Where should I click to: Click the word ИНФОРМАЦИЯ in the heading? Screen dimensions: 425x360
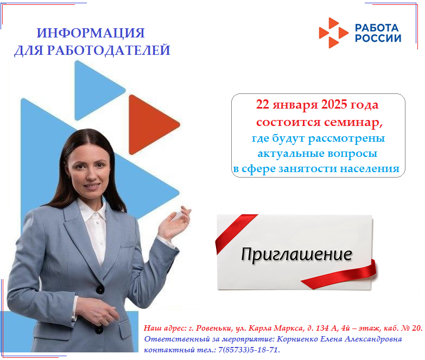click(x=91, y=33)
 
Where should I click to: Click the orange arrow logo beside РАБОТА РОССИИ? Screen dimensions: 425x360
click(x=333, y=33)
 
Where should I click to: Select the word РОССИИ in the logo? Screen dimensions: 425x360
click(x=378, y=38)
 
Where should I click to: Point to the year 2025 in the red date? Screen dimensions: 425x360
click(x=334, y=104)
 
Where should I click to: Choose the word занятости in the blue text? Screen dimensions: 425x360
click(x=308, y=169)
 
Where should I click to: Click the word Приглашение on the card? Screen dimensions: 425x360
click(x=296, y=254)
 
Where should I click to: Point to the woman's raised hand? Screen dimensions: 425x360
click(x=175, y=223)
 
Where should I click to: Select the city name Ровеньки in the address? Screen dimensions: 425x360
click(x=213, y=329)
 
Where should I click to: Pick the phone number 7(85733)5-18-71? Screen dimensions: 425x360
click(x=249, y=350)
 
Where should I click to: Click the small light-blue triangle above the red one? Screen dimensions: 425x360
click(x=98, y=90)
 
